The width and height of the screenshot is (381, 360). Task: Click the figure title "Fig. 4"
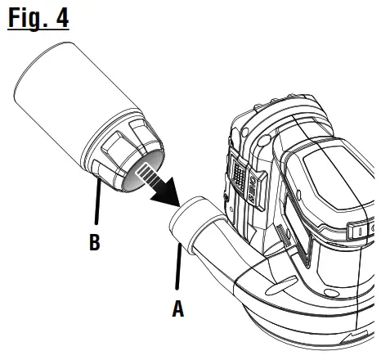[x=38, y=17]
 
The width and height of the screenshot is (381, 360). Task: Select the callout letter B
[x=95, y=242]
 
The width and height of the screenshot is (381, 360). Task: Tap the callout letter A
[x=178, y=308]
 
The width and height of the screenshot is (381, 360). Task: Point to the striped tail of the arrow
[x=148, y=174]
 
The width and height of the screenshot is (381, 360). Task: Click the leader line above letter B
[x=98, y=201]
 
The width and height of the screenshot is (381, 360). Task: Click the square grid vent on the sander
[x=239, y=173]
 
